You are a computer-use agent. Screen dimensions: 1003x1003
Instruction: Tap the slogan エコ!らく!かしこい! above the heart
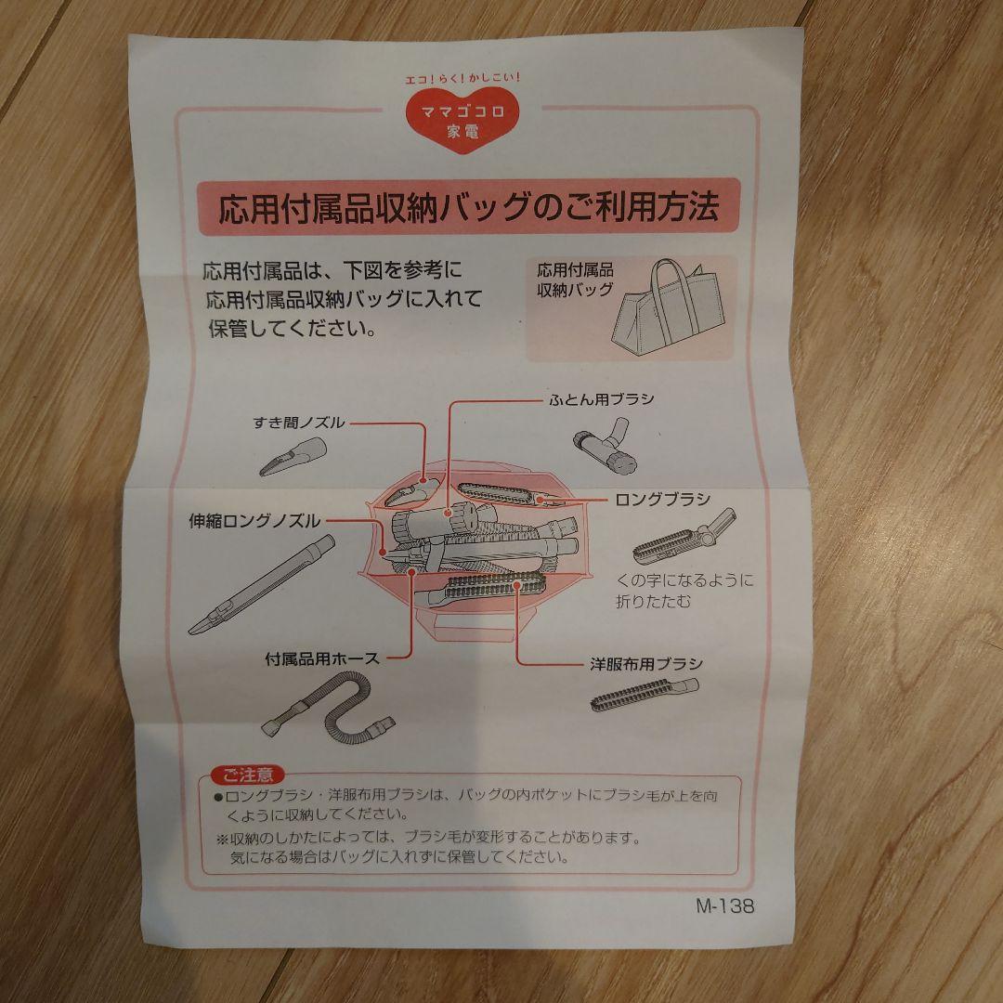(463, 79)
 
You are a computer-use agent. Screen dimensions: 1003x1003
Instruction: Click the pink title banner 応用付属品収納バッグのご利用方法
(468, 207)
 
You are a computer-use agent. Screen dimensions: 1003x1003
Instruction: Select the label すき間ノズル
(299, 423)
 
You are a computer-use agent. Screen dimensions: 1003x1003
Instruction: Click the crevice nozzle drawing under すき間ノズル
(293, 456)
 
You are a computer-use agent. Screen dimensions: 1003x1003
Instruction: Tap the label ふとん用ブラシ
(601, 399)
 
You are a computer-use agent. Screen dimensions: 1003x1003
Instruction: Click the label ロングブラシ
(663, 500)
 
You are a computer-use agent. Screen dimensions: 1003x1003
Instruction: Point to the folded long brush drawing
(684, 536)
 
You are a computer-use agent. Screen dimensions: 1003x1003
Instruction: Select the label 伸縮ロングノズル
(254, 521)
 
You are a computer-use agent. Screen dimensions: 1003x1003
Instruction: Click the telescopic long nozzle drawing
(262, 585)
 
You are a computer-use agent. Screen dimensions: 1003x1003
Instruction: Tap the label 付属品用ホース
(321, 658)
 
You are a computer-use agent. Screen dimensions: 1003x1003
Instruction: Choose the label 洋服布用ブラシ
(646, 664)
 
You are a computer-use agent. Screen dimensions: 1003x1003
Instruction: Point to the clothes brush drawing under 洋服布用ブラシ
(645, 695)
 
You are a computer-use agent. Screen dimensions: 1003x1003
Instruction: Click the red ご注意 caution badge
(248, 775)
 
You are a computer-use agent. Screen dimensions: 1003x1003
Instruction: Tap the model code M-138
(724, 905)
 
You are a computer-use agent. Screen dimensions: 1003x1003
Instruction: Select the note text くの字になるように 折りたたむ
(684, 591)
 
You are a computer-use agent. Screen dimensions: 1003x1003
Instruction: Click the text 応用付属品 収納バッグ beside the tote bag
(575, 280)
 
